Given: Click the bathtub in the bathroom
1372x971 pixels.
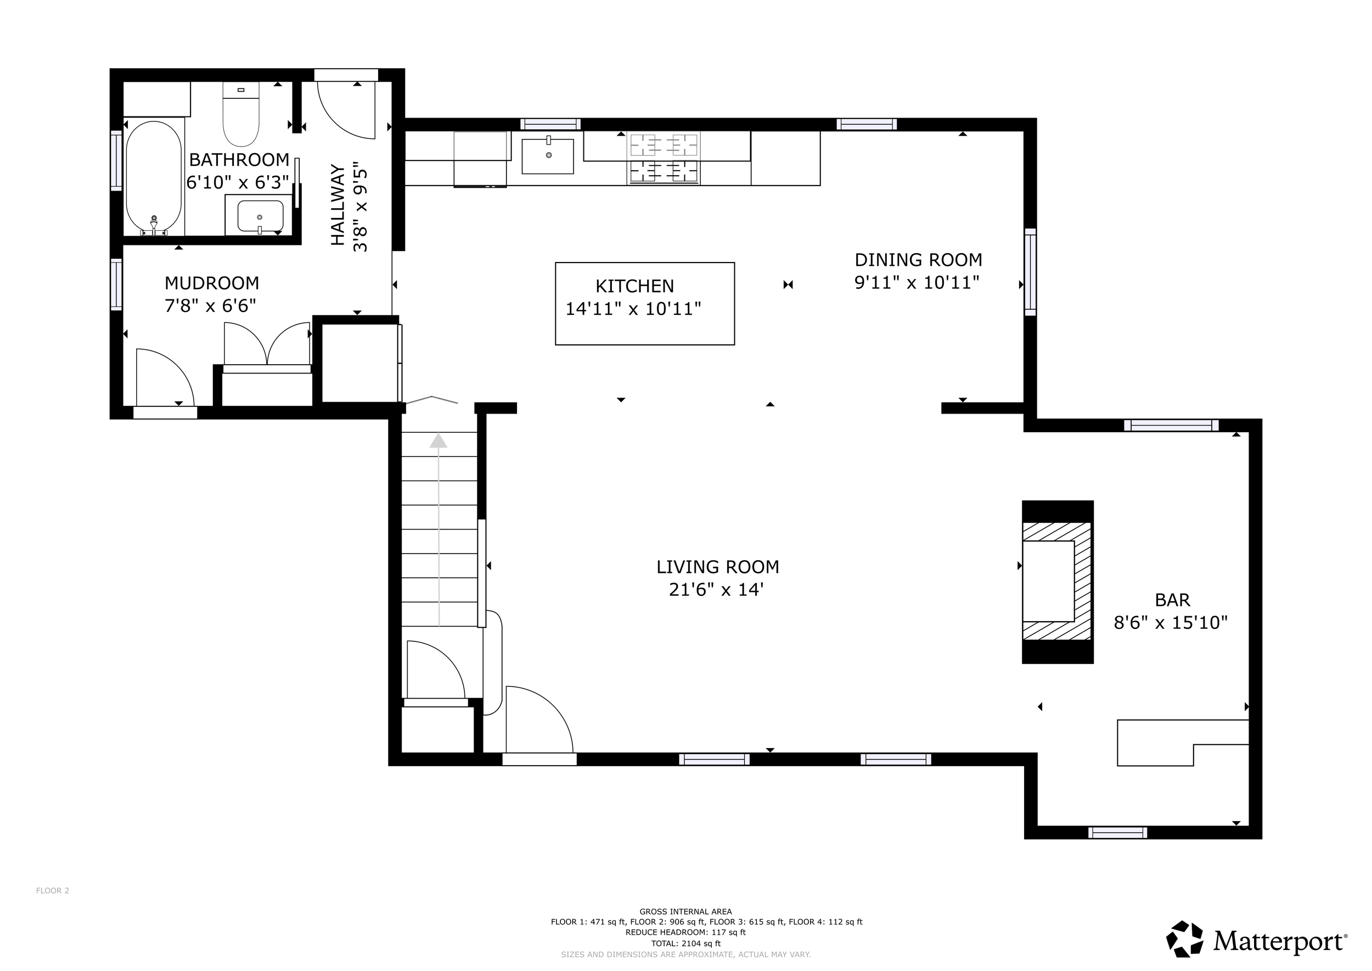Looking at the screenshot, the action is pos(154,177).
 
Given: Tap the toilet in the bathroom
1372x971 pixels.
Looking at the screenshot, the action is pos(241,114).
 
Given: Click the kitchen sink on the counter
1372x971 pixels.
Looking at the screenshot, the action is pos(547,156).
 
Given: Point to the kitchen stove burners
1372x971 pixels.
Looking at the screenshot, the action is pos(664,158).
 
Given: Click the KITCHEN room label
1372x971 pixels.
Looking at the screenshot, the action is pos(634,286).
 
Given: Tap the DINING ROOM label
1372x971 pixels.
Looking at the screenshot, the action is pos(919,260).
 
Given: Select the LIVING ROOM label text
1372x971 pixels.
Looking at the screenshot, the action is pos(718,567).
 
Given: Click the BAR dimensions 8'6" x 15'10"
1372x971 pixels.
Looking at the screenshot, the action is pos(1171,623).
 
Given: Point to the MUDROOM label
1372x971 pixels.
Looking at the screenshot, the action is pos(211,283).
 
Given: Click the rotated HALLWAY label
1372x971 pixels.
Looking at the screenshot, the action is pos(338,205).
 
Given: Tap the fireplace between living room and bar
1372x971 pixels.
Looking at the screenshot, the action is pos(1057,582).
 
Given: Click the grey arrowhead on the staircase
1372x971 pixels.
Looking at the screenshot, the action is pos(438,440).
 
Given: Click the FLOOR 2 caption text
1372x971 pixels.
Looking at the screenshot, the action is pos(53,890).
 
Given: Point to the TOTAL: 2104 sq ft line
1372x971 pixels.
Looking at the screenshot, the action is pos(685,944).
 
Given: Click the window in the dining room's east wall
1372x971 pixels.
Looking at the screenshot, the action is pos(1030,272).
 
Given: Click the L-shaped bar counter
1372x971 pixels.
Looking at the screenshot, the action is pos(1183,743).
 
